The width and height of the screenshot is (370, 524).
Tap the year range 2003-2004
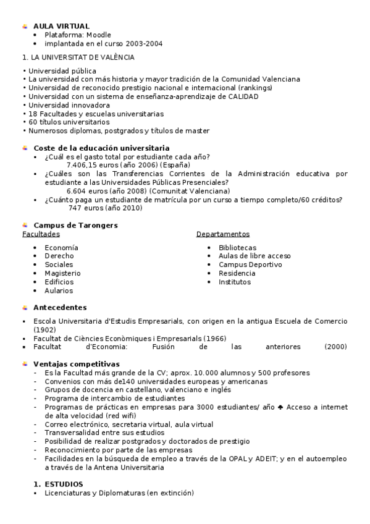(142, 44)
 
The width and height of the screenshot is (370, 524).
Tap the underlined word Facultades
(41, 234)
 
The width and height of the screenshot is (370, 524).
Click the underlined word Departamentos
(223, 234)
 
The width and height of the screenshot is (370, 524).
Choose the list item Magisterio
(62, 273)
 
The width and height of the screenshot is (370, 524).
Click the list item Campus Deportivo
(250, 264)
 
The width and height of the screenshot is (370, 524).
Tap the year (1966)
(214, 339)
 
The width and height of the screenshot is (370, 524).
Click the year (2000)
(335, 347)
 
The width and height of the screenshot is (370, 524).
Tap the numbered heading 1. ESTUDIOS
(58, 484)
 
